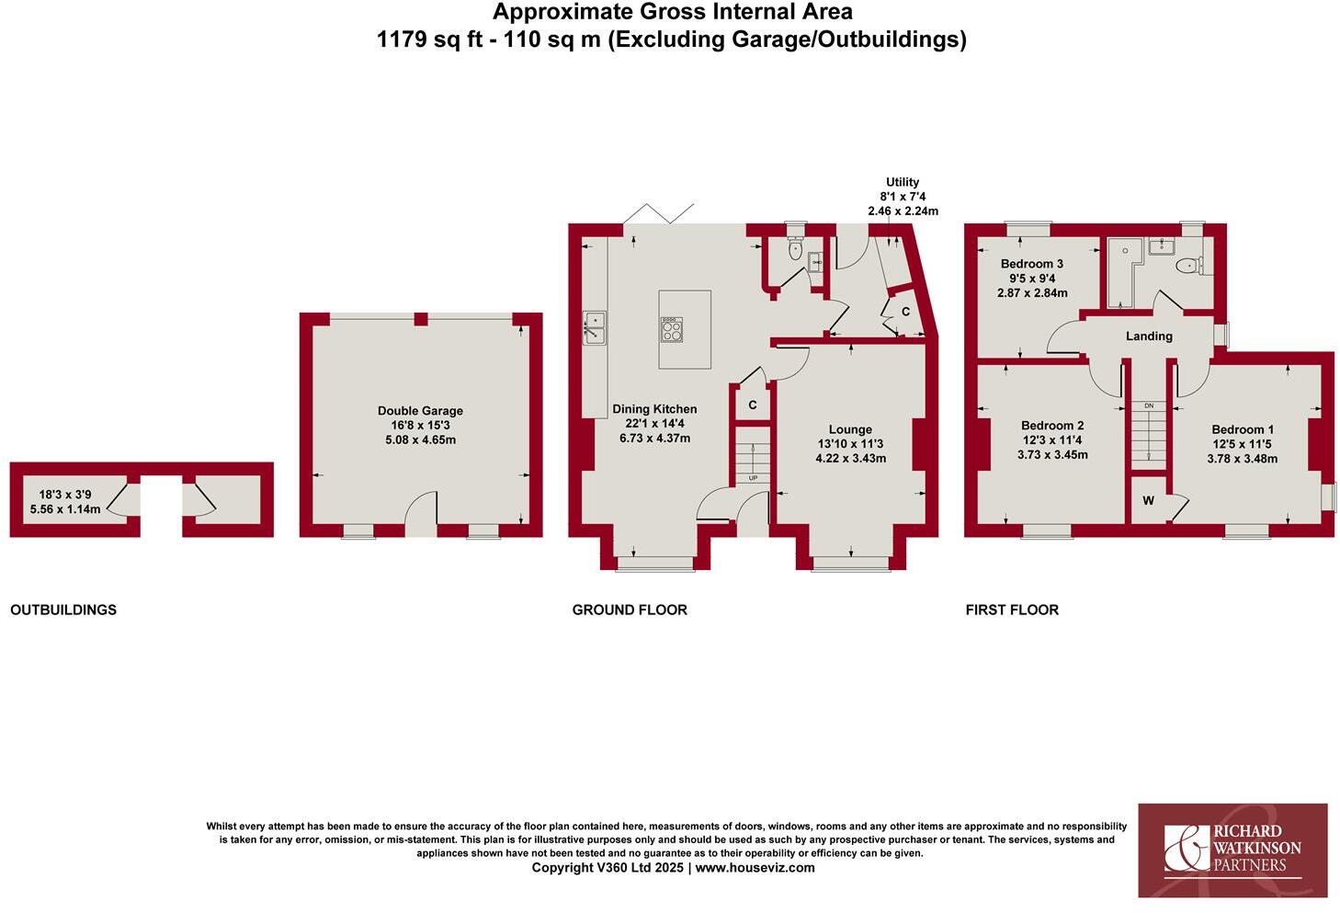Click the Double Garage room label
tap(420, 411)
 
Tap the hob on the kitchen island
tap(672, 329)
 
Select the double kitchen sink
tap(594, 328)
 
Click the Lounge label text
tap(850, 429)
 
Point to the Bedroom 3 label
tap(1032, 264)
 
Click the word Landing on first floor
tap(1149, 337)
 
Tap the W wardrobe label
tap(1148, 501)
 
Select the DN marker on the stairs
tap(1149, 406)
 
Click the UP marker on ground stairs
tap(753, 478)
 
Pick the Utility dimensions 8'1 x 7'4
tap(903, 197)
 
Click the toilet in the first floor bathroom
tap(1188, 266)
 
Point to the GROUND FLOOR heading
tap(630, 610)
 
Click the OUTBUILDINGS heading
tap(63, 610)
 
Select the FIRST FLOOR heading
tap(1012, 610)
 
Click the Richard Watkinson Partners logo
tap(1232, 850)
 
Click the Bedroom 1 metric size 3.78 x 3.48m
tap(1243, 459)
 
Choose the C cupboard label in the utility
tap(905, 312)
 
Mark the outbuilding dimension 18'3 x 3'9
tap(65, 494)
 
